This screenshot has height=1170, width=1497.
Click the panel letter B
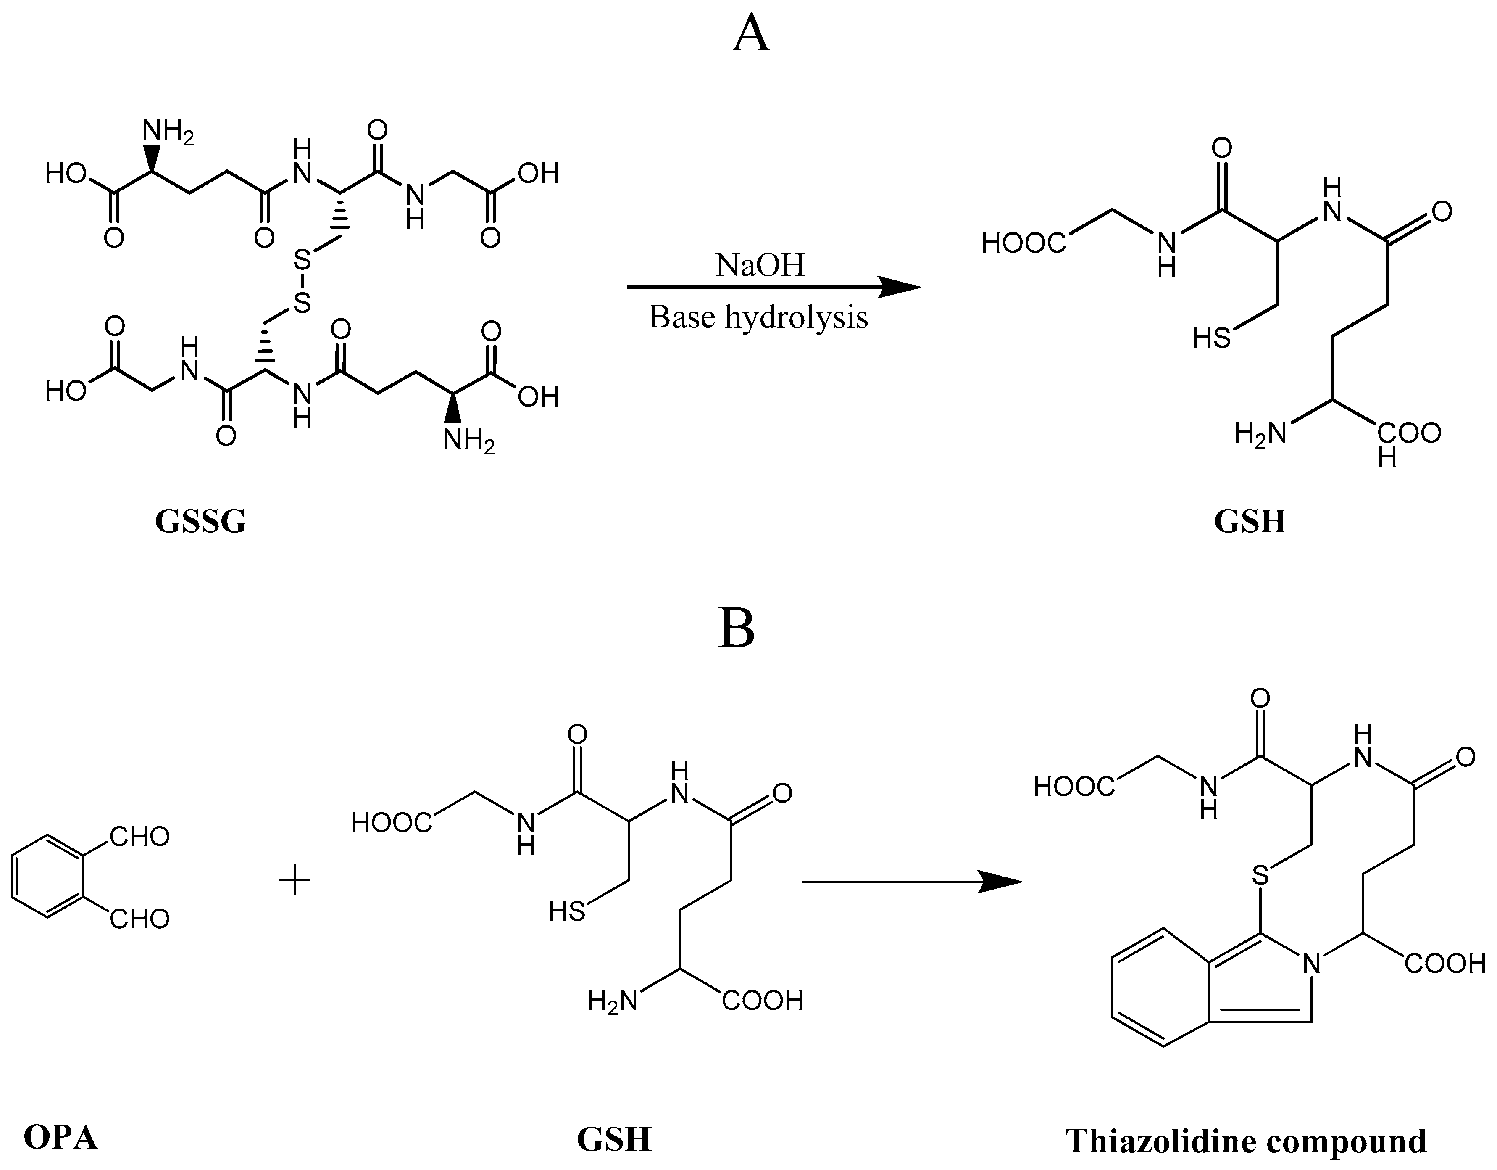[x=737, y=629]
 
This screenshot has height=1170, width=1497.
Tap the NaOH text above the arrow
[x=760, y=265]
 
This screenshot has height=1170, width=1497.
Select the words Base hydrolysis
[x=758, y=317]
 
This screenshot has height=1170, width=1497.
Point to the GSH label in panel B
[x=613, y=1140]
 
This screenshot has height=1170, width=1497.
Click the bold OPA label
[x=61, y=1138]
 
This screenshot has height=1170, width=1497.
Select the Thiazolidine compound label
[x=1245, y=1142]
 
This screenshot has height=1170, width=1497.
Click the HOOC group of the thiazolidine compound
[x=1074, y=787]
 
